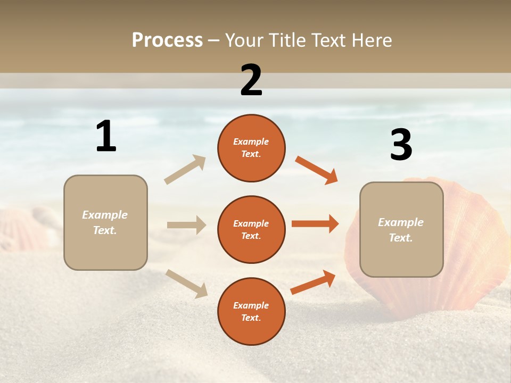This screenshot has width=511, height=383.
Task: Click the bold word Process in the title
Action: click(167, 40)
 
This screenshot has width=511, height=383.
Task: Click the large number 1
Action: click(106, 136)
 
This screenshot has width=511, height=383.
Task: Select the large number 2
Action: click(251, 80)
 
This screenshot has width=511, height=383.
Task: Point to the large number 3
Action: click(401, 145)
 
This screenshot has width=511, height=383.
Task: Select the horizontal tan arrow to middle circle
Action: click(186, 225)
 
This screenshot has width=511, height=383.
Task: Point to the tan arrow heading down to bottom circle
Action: click(186, 283)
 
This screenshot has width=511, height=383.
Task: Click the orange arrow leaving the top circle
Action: click(316, 170)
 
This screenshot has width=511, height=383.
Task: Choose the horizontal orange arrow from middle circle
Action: click(315, 223)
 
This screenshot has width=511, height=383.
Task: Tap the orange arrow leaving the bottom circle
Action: click(313, 282)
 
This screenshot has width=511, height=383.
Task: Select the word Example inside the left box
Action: click(105, 215)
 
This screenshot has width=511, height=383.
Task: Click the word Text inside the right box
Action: click(401, 238)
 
